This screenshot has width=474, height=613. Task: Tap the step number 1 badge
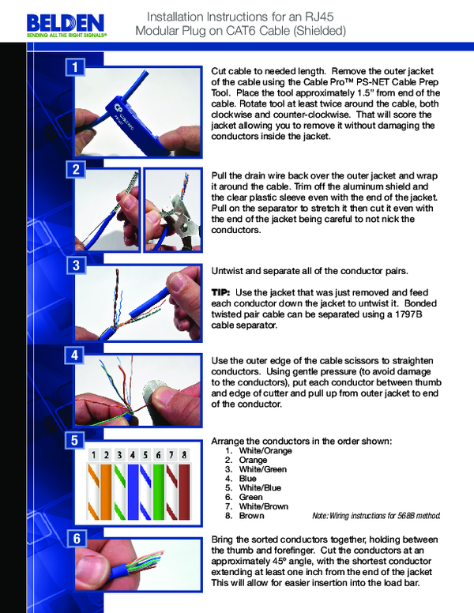tap(75, 68)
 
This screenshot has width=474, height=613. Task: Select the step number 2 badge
tap(75, 169)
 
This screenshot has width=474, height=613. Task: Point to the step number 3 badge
tap(75, 266)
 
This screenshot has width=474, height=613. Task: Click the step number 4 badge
tap(75, 355)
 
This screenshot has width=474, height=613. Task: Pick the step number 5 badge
tap(75, 440)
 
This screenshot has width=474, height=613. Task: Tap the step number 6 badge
tap(75, 540)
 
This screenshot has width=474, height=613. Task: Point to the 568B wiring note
tap(375, 516)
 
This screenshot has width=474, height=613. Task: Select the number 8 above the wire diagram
tap(184, 455)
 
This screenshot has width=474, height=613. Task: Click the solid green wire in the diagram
tap(158, 490)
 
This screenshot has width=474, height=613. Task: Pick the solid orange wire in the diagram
tap(107, 490)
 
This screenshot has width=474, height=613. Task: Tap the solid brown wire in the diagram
tap(184, 490)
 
